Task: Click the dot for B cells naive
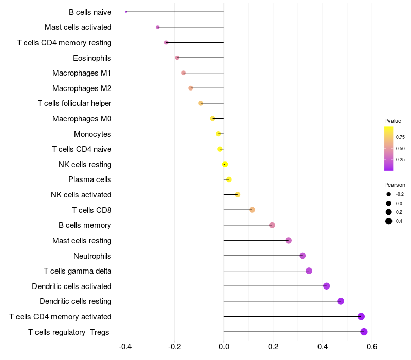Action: tap(126, 12)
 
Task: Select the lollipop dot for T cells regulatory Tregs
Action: tap(364, 332)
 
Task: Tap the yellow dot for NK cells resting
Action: tap(225, 164)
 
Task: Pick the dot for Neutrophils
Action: tap(302, 256)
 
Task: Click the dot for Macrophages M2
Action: tap(191, 88)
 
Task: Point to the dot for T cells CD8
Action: tap(252, 210)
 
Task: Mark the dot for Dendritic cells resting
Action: tap(341, 301)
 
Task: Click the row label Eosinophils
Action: tap(92, 58)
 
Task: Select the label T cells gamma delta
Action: tap(78, 271)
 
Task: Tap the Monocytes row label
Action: tap(92, 134)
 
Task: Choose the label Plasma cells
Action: tap(89, 179)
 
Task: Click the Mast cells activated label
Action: tap(78, 27)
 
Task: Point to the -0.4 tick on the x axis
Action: tap(125, 347)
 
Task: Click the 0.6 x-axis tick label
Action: tap(372, 347)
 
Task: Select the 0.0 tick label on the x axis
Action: tap(224, 347)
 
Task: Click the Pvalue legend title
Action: tap(393, 121)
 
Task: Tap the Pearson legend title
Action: tap(395, 185)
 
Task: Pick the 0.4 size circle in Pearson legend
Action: tap(389, 221)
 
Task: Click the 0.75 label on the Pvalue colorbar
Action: tap(400, 137)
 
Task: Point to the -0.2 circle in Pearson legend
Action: tap(389, 194)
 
